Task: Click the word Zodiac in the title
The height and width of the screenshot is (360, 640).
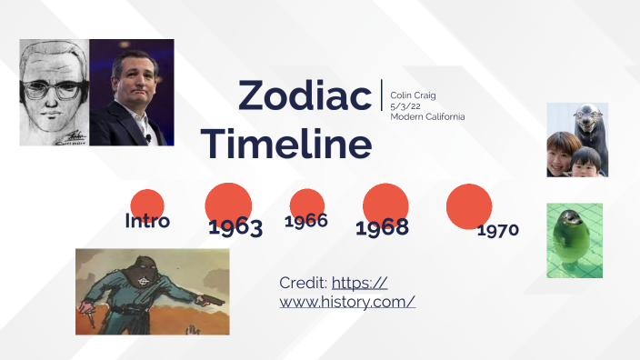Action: (305, 95)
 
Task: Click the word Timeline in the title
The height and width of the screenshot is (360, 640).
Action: (286, 145)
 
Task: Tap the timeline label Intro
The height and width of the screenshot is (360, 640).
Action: (147, 221)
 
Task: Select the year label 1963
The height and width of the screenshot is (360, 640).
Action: (235, 227)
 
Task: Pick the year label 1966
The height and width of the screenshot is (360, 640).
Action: (306, 221)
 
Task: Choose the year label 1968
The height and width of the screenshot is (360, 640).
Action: (382, 227)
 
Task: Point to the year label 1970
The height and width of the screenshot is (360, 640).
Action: (498, 229)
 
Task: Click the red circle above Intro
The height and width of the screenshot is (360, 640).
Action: (147, 204)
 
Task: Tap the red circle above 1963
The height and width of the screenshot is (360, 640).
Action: (228, 203)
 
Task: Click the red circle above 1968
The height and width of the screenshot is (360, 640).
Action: (385, 203)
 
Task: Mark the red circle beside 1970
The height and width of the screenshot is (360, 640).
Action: (469, 205)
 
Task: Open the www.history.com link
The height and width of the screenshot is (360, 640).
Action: (347, 301)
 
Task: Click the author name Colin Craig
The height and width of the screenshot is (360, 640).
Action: (413, 95)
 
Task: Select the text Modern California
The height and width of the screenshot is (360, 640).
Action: (427, 116)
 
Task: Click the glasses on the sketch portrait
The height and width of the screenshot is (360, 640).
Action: (55, 88)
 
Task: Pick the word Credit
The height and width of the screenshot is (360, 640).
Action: (303, 283)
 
